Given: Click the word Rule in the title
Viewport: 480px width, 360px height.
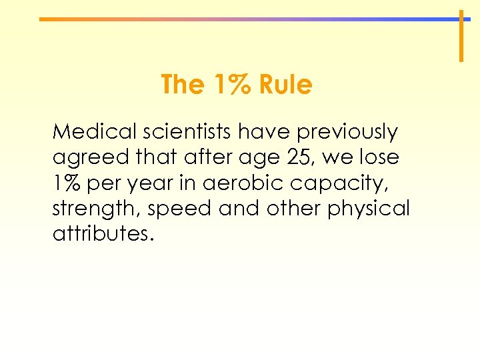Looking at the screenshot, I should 285,85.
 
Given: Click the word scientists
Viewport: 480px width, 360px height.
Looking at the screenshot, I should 177,132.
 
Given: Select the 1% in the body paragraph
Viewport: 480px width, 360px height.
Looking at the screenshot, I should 67,183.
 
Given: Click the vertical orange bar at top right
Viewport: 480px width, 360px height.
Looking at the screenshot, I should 460,36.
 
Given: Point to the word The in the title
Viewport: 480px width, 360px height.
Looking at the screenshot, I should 182,85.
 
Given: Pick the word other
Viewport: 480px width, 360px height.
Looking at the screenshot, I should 294,209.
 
